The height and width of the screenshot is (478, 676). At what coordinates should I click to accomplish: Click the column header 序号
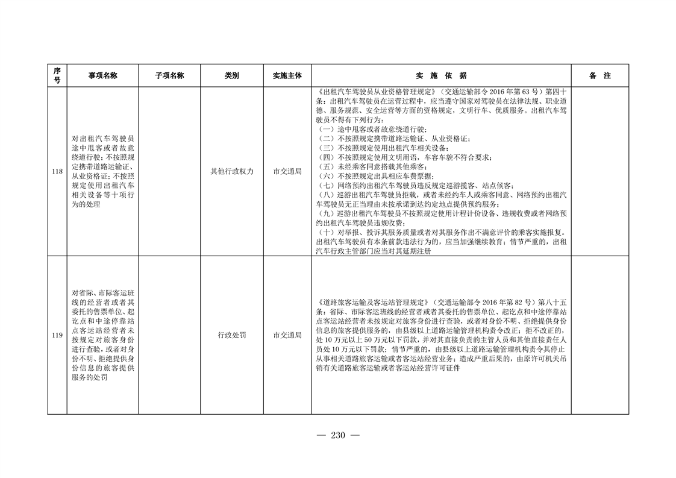57,76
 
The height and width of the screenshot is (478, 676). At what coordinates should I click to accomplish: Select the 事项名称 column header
102,76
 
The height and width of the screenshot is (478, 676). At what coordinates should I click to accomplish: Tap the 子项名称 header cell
169,76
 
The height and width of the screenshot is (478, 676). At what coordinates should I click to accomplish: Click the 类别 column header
231,76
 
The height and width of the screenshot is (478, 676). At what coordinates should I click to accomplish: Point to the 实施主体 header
287,76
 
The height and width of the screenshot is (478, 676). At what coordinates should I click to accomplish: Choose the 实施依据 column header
441,76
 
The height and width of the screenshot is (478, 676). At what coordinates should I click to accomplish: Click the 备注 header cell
599,76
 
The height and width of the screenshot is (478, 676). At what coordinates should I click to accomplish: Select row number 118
57,172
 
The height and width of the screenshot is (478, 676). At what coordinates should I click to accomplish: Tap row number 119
57,335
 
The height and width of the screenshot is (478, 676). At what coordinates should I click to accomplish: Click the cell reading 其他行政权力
231,172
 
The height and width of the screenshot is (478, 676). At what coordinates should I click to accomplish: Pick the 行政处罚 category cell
231,335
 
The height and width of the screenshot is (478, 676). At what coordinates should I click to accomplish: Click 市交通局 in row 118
287,172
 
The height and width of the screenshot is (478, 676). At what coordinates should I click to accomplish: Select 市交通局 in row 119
287,335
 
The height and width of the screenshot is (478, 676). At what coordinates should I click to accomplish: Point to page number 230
337,436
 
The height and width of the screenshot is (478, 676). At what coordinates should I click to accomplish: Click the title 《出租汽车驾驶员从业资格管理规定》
377,92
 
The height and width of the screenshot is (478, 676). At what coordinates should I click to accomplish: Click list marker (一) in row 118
325,130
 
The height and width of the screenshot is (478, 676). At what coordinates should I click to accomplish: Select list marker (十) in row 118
325,232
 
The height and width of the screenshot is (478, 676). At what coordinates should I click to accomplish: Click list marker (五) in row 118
325,166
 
